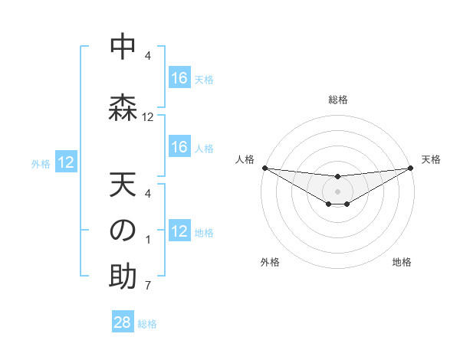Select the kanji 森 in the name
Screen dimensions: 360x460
click(x=122, y=106)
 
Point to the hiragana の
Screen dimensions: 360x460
click(x=122, y=231)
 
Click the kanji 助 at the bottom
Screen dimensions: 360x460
click(x=122, y=277)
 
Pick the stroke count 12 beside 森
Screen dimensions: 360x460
click(x=148, y=117)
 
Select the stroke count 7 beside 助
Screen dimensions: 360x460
click(x=148, y=286)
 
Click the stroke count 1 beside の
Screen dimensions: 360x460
click(x=148, y=241)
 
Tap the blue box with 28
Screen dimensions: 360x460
click(x=123, y=322)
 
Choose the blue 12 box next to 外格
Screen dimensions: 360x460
click(x=66, y=162)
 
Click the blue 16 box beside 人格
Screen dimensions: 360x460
click(x=179, y=147)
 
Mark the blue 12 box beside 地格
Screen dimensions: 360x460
click(x=179, y=231)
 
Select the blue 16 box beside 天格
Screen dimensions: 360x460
click(x=179, y=78)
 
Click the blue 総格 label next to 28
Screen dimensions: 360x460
click(x=147, y=324)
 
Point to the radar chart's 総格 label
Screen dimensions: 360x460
click(x=337, y=100)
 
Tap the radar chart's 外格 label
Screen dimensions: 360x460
click(x=270, y=262)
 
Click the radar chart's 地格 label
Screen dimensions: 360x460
click(x=402, y=262)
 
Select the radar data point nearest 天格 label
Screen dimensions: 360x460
click(x=411, y=168)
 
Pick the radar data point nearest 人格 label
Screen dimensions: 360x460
click(x=264, y=168)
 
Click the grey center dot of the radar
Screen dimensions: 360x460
click(x=337, y=191)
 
